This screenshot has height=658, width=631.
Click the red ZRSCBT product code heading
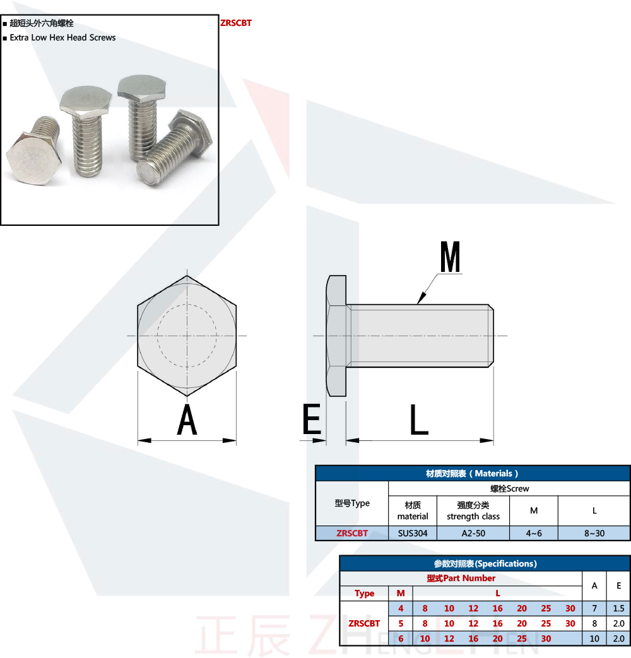pos(236,23)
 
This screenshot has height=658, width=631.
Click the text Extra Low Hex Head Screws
pos(62,38)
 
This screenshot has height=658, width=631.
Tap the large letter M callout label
pos(451,257)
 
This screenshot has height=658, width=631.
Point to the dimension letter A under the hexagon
pos(187,420)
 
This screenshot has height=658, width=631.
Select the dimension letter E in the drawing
pos(312,420)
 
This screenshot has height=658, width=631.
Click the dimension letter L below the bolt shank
pos(419,420)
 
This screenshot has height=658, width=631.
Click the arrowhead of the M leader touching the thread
pos(420,301)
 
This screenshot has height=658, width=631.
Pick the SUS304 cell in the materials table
pos(413,533)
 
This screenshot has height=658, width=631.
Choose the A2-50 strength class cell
pos(473,533)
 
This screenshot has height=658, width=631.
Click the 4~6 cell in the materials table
pos(534,533)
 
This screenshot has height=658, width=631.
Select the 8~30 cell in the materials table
pos(594,533)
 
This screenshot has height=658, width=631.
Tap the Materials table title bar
pos(473,473)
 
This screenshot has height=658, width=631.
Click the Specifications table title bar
pos(485,563)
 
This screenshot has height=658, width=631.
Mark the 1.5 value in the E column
pos(618,609)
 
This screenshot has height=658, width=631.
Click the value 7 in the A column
pos(594,609)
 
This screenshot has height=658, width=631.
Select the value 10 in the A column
pos(594,638)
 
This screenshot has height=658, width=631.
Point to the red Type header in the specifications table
pos(365,594)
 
